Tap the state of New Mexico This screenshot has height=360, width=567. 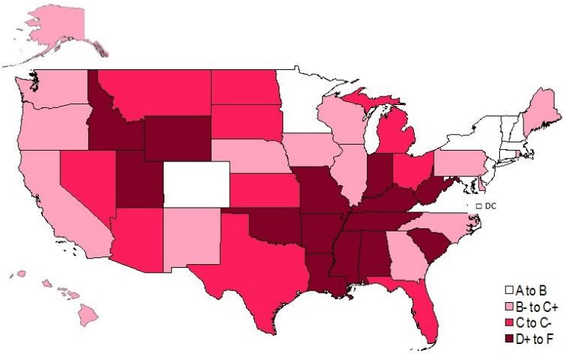(x=190, y=236)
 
